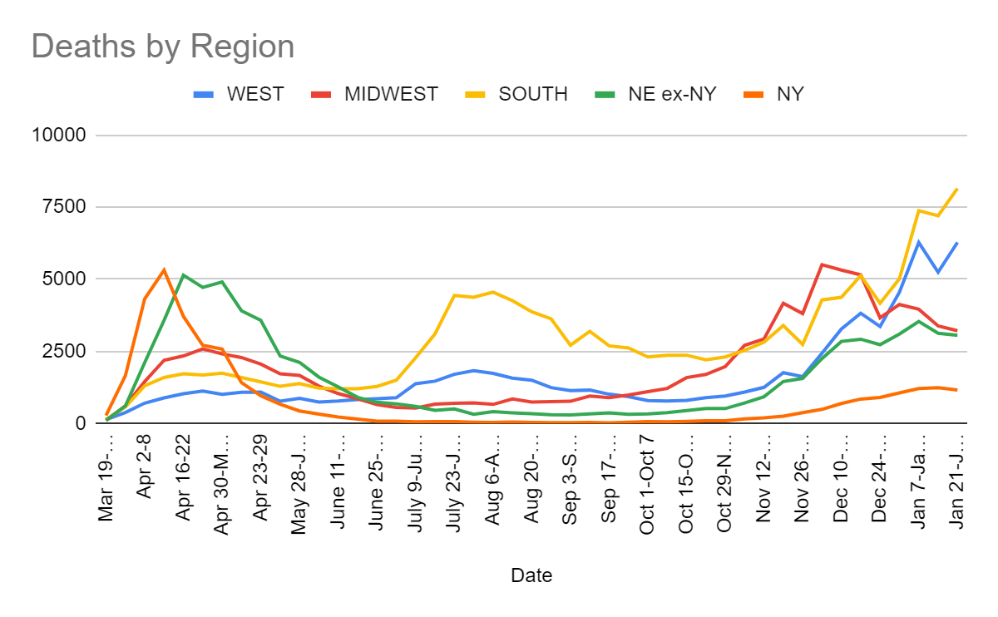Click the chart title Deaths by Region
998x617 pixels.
click(163, 47)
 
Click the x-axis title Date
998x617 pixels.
click(531, 575)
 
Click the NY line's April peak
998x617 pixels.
click(164, 269)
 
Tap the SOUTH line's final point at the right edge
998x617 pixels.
click(957, 189)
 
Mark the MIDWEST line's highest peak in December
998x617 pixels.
click(822, 264)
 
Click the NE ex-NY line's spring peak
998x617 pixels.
click(183, 274)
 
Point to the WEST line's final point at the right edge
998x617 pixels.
click(957, 243)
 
